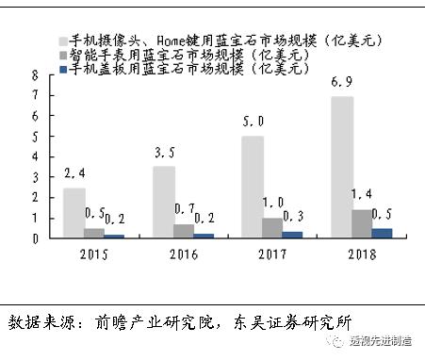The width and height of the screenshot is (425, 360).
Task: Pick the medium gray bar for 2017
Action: tap(272, 227)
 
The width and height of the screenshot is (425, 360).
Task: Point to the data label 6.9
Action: tap(343, 85)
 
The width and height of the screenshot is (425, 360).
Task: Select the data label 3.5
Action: tap(165, 154)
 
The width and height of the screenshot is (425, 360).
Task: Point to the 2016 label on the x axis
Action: tap(184, 253)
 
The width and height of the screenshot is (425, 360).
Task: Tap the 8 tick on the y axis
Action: tap(35, 74)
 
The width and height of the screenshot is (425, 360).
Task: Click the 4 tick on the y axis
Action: tap(35, 156)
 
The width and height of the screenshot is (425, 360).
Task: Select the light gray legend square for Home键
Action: tap(68, 41)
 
